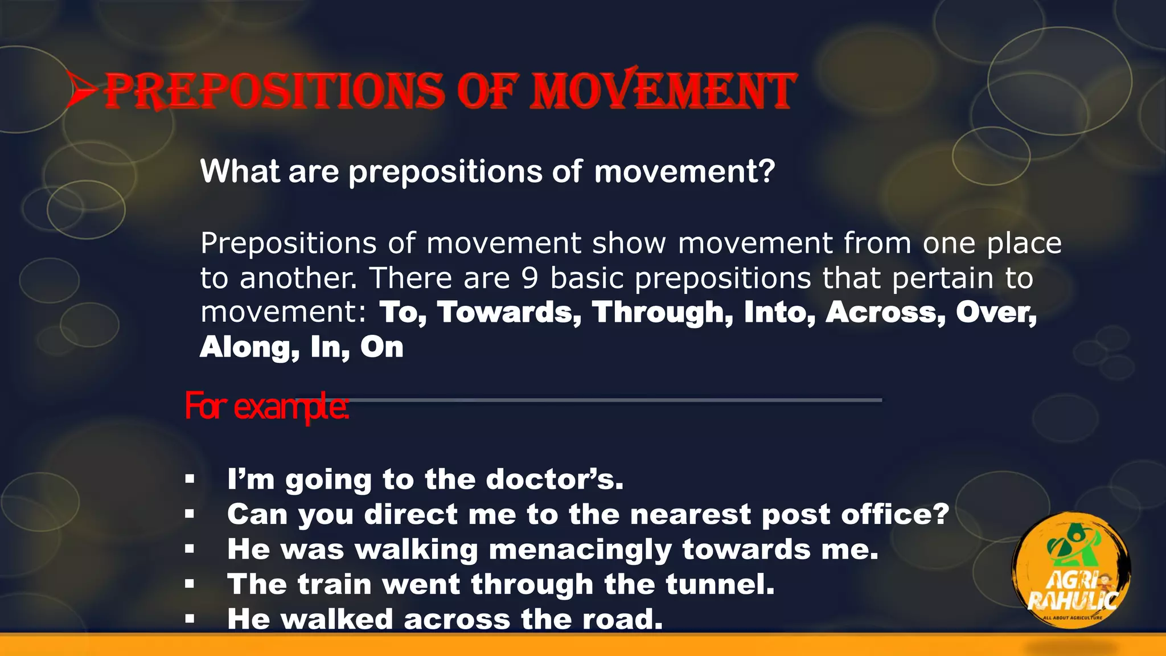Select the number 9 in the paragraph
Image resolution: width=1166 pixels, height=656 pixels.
coord(529,278)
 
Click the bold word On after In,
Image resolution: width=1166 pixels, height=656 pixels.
coord(381,347)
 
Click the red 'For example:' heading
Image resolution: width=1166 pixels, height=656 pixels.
coord(266,406)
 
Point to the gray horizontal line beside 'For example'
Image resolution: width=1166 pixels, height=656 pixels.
coord(615,400)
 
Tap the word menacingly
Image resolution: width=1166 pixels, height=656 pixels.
coord(580,550)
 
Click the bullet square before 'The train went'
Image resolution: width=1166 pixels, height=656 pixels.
coord(190,584)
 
